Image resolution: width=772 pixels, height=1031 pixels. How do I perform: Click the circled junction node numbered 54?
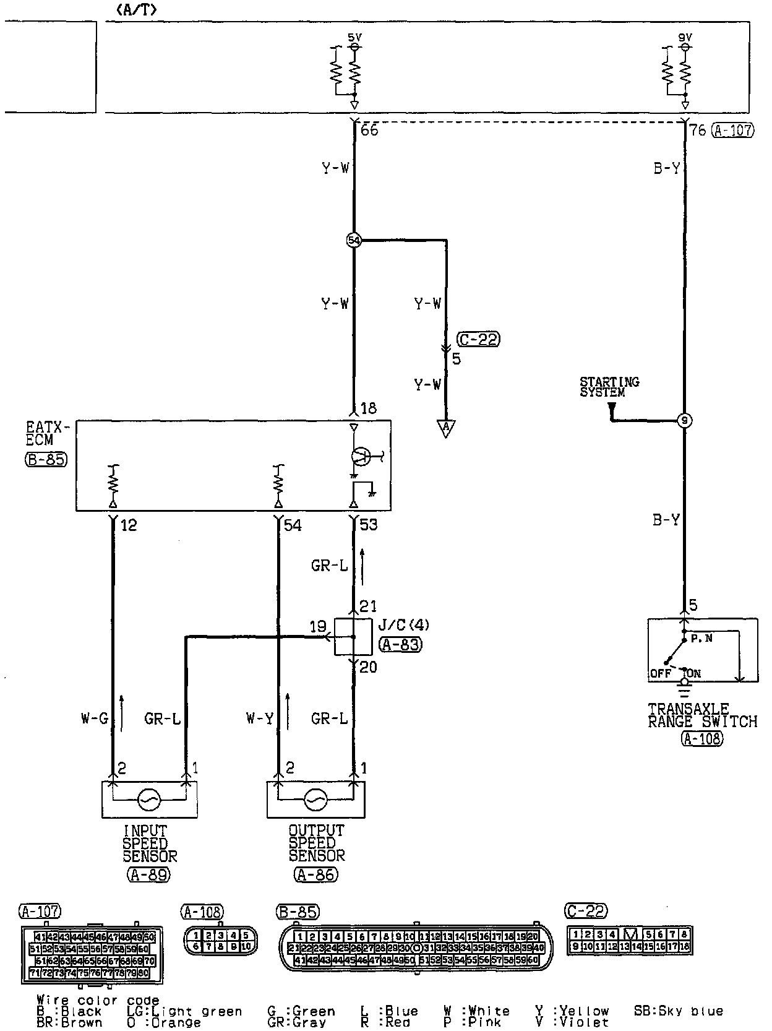click(x=354, y=240)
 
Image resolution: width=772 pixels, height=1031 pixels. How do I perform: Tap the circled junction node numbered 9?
click(x=684, y=421)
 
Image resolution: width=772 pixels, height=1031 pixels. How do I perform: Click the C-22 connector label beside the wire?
click(x=479, y=339)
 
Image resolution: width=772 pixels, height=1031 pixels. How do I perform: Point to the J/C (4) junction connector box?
click(x=353, y=636)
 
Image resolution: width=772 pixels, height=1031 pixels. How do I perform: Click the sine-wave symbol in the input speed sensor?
click(x=149, y=800)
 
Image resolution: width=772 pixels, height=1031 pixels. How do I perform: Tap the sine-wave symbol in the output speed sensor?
click(x=316, y=800)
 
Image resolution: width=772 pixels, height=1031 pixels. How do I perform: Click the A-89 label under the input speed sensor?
click(x=148, y=874)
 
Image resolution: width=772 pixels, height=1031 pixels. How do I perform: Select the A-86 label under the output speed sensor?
click(x=316, y=874)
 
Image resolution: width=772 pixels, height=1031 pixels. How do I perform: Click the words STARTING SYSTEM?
click(x=609, y=387)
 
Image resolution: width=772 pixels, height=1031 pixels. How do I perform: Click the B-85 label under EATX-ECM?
click(x=46, y=460)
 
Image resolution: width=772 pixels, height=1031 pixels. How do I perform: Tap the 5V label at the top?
click(x=354, y=38)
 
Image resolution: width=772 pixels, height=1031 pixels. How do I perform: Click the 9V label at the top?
click(x=685, y=38)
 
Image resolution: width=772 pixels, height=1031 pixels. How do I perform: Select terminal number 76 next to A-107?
click(x=698, y=131)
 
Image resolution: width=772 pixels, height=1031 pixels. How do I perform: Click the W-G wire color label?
click(x=94, y=718)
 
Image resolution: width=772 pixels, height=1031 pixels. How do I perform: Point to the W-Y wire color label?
click(x=259, y=718)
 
